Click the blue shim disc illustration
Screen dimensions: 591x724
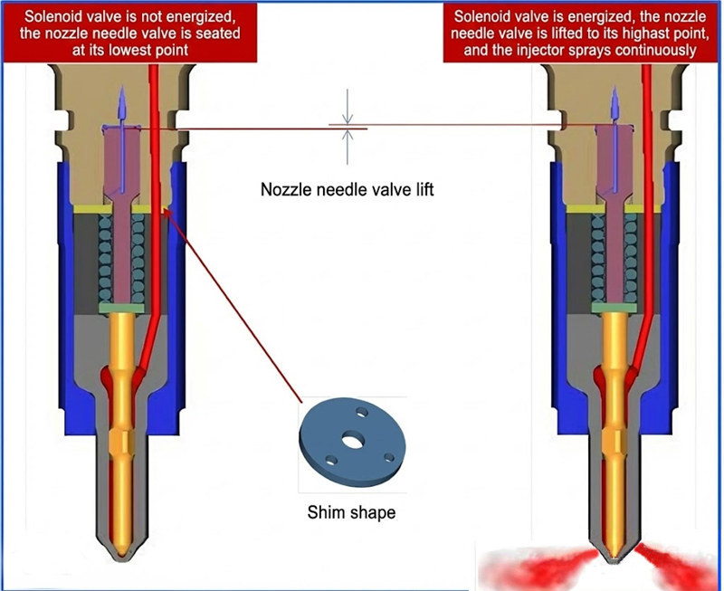point(348,441)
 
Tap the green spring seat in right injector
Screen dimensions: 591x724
point(612,309)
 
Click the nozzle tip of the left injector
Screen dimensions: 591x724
point(124,549)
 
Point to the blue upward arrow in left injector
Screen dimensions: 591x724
point(115,113)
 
